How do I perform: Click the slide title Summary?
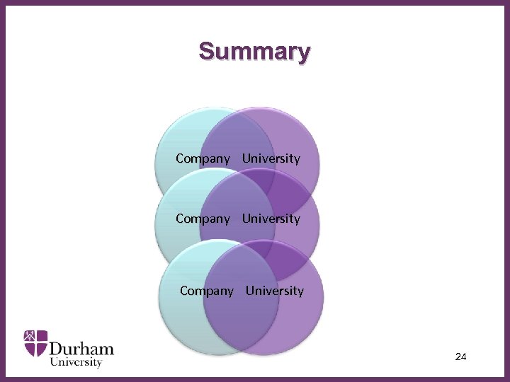pos(254,52)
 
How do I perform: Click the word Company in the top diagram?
pos(203,158)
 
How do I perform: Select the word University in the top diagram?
pos(271,158)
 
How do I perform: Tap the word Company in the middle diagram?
pos(203,219)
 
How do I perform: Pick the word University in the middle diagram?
pos(271,219)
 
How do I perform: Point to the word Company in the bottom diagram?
pos(207,291)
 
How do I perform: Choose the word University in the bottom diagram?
pos(275,291)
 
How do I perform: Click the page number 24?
pos(460,357)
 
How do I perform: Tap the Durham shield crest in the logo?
pos(35,342)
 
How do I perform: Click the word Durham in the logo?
pos(81,348)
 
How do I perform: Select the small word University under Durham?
pos(76,362)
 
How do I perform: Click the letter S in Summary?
pos(206,52)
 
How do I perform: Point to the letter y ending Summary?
pos(303,54)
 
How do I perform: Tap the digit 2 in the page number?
pos(458,357)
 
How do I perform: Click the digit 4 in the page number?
pos(464,357)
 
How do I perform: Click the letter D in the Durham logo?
pos(57,348)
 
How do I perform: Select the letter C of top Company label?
pos(180,158)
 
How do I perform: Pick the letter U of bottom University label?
pos(249,291)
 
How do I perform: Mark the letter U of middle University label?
pos(246,219)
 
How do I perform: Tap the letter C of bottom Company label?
pos(184,291)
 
